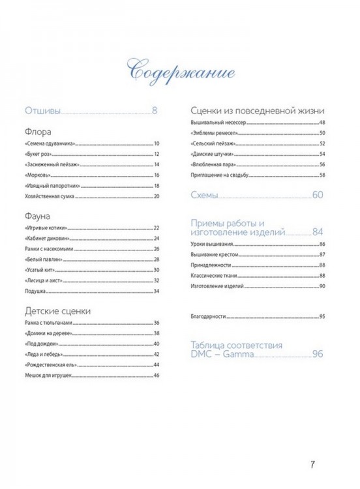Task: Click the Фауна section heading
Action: pos(38,215)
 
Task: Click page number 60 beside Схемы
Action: pos(318,195)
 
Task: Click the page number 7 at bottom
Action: pos(313,465)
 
